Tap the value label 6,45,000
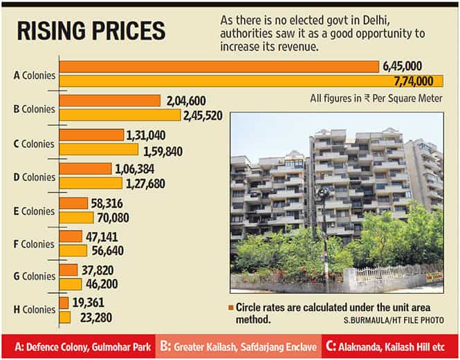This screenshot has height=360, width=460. (x=402, y=66)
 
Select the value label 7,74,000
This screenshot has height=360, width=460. (x=418, y=81)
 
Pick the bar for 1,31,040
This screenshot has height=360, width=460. (x=91, y=135)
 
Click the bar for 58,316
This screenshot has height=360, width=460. (x=73, y=203)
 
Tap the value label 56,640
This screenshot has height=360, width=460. (x=109, y=250)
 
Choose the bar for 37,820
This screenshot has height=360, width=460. (x=68, y=269)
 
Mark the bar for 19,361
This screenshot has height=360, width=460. (x=64, y=303)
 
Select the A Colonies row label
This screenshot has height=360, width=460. (x=34, y=75)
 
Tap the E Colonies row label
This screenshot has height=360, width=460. (x=34, y=211)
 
